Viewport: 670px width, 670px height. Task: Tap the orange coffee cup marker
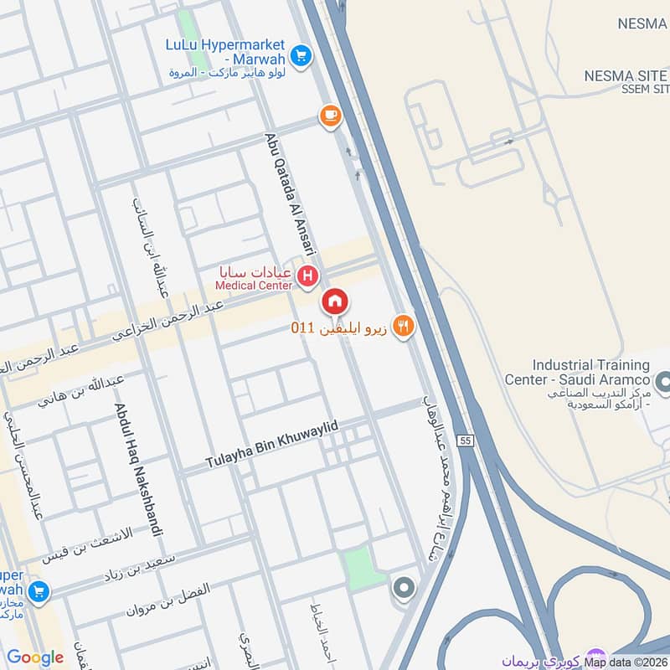click(x=330, y=116)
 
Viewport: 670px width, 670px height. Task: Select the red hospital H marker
click(x=308, y=274)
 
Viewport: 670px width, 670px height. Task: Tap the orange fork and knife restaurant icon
click(x=404, y=327)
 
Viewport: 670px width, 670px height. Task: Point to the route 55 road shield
click(x=466, y=439)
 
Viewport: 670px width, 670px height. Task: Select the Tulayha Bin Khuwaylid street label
click(x=272, y=446)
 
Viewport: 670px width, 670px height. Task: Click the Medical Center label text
click(x=254, y=286)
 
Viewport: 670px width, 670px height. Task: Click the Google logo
click(x=35, y=657)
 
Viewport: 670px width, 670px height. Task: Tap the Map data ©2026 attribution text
click(x=626, y=662)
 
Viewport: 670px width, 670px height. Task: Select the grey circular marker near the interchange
click(x=404, y=589)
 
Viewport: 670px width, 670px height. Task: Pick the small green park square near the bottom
click(x=358, y=568)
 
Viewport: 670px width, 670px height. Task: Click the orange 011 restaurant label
click(x=339, y=327)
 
